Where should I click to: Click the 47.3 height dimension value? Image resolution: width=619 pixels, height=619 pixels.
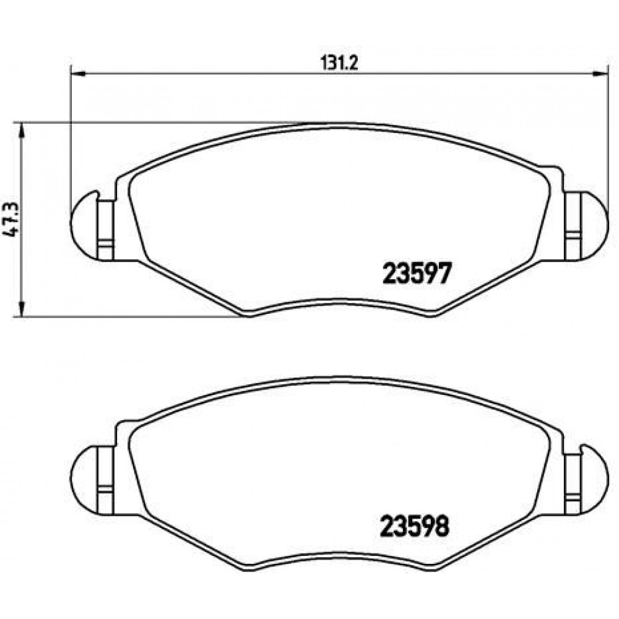(x=11, y=220)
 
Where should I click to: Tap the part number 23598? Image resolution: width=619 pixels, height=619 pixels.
(x=415, y=527)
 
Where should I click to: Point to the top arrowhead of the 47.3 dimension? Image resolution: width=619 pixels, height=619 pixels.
(x=22, y=130)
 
